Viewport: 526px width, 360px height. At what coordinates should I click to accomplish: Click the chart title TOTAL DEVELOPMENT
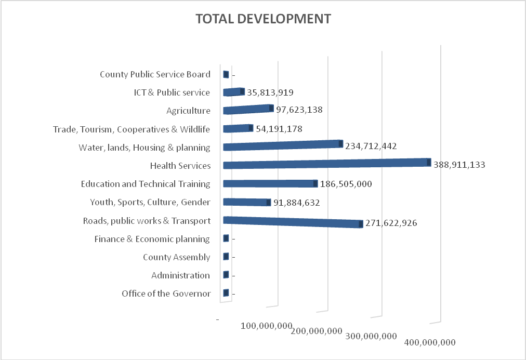click(x=262, y=19)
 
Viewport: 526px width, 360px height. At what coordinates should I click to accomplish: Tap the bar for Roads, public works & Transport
click(x=291, y=222)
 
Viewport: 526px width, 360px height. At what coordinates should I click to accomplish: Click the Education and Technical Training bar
click(x=269, y=183)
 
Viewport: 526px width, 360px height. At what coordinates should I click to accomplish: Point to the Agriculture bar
click(x=247, y=109)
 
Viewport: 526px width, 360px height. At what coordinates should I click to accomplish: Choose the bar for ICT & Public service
click(x=233, y=92)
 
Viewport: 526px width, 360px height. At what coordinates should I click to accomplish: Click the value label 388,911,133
click(x=458, y=165)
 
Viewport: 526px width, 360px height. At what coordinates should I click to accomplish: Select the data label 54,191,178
click(x=279, y=128)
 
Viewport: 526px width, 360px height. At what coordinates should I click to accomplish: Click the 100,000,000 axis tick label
click(x=266, y=326)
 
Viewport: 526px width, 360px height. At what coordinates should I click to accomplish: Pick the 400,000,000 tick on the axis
click(x=429, y=342)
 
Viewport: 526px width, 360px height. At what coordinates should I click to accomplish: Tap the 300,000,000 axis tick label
click(x=371, y=336)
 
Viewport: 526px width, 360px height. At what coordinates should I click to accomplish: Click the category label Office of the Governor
click(x=166, y=294)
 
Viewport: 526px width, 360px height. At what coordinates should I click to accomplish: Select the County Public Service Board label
click(x=155, y=74)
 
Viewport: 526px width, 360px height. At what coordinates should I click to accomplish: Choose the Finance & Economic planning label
click(x=152, y=239)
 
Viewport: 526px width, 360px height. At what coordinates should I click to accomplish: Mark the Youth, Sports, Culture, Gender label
click(x=150, y=202)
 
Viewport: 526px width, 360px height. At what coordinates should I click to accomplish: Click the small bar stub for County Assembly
click(x=226, y=257)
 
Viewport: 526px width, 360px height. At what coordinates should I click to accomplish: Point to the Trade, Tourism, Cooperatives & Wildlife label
click(x=131, y=129)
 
